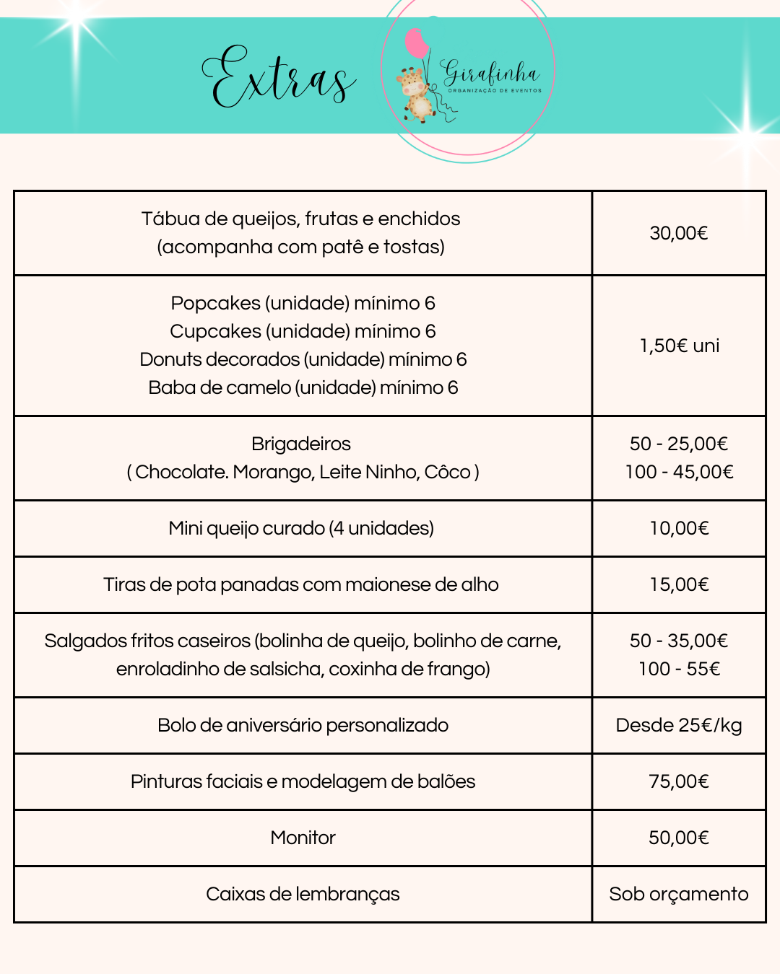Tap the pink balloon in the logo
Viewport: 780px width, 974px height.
(417, 43)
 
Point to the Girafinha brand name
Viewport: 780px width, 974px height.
(491, 73)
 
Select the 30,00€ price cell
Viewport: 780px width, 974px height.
(679, 233)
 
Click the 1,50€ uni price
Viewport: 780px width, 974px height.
(679, 346)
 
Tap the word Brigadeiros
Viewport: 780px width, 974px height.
(301, 444)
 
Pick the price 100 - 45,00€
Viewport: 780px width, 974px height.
(679, 472)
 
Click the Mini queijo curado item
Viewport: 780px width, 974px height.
(301, 528)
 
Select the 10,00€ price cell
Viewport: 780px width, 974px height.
(679, 528)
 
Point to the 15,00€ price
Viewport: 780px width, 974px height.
(679, 584)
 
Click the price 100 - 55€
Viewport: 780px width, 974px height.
(679, 669)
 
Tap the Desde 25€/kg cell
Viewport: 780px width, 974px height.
(679, 725)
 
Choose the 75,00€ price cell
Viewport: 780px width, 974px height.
(679, 781)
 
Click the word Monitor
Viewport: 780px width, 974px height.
(303, 838)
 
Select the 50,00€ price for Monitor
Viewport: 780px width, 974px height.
(679, 838)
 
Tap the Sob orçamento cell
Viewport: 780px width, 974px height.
(679, 894)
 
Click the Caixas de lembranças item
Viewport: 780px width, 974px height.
(303, 894)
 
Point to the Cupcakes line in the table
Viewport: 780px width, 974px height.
(303, 331)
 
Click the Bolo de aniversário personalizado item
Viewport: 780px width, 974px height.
(303, 725)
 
